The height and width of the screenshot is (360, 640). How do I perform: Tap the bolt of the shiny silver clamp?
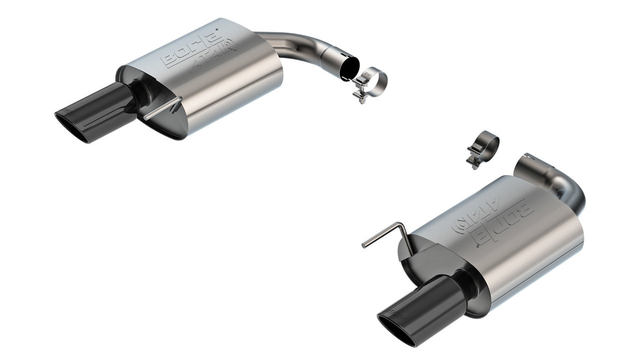click(x=359, y=96)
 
